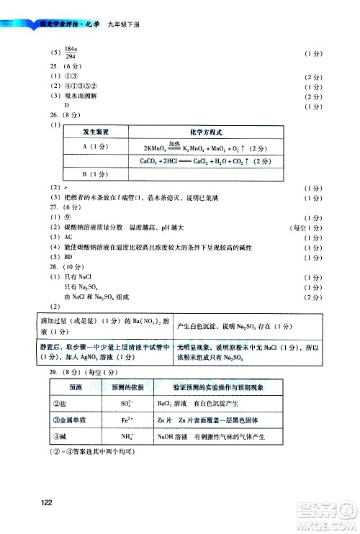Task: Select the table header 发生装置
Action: [96, 133]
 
